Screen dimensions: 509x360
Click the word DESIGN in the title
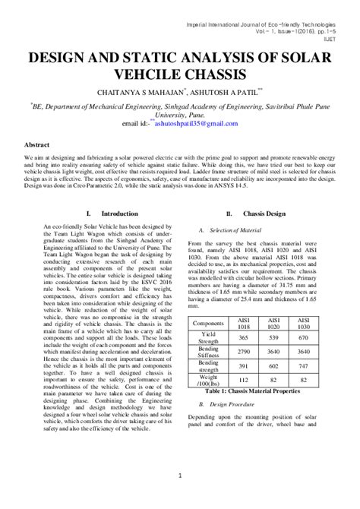63,58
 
